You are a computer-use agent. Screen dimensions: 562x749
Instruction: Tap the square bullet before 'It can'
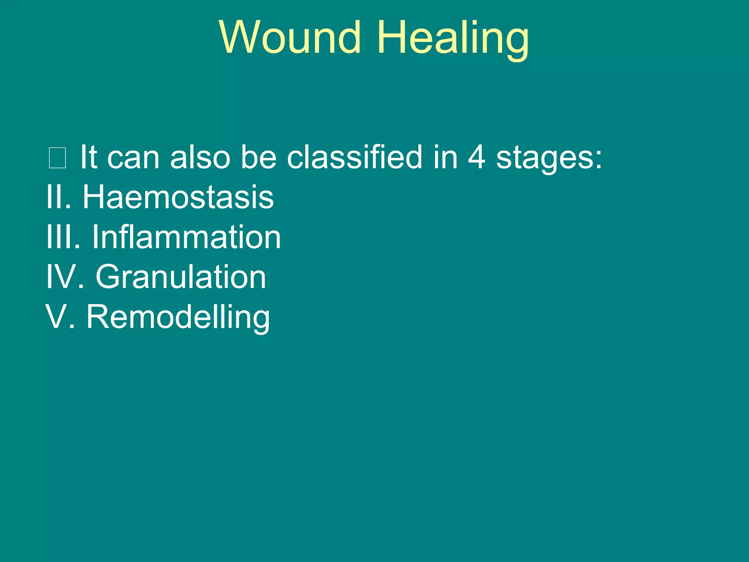click(57, 158)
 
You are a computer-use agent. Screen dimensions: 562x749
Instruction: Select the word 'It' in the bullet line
click(88, 157)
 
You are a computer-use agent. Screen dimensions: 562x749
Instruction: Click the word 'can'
click(133, 158)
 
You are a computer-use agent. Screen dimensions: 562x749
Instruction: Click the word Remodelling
click(178, 317)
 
